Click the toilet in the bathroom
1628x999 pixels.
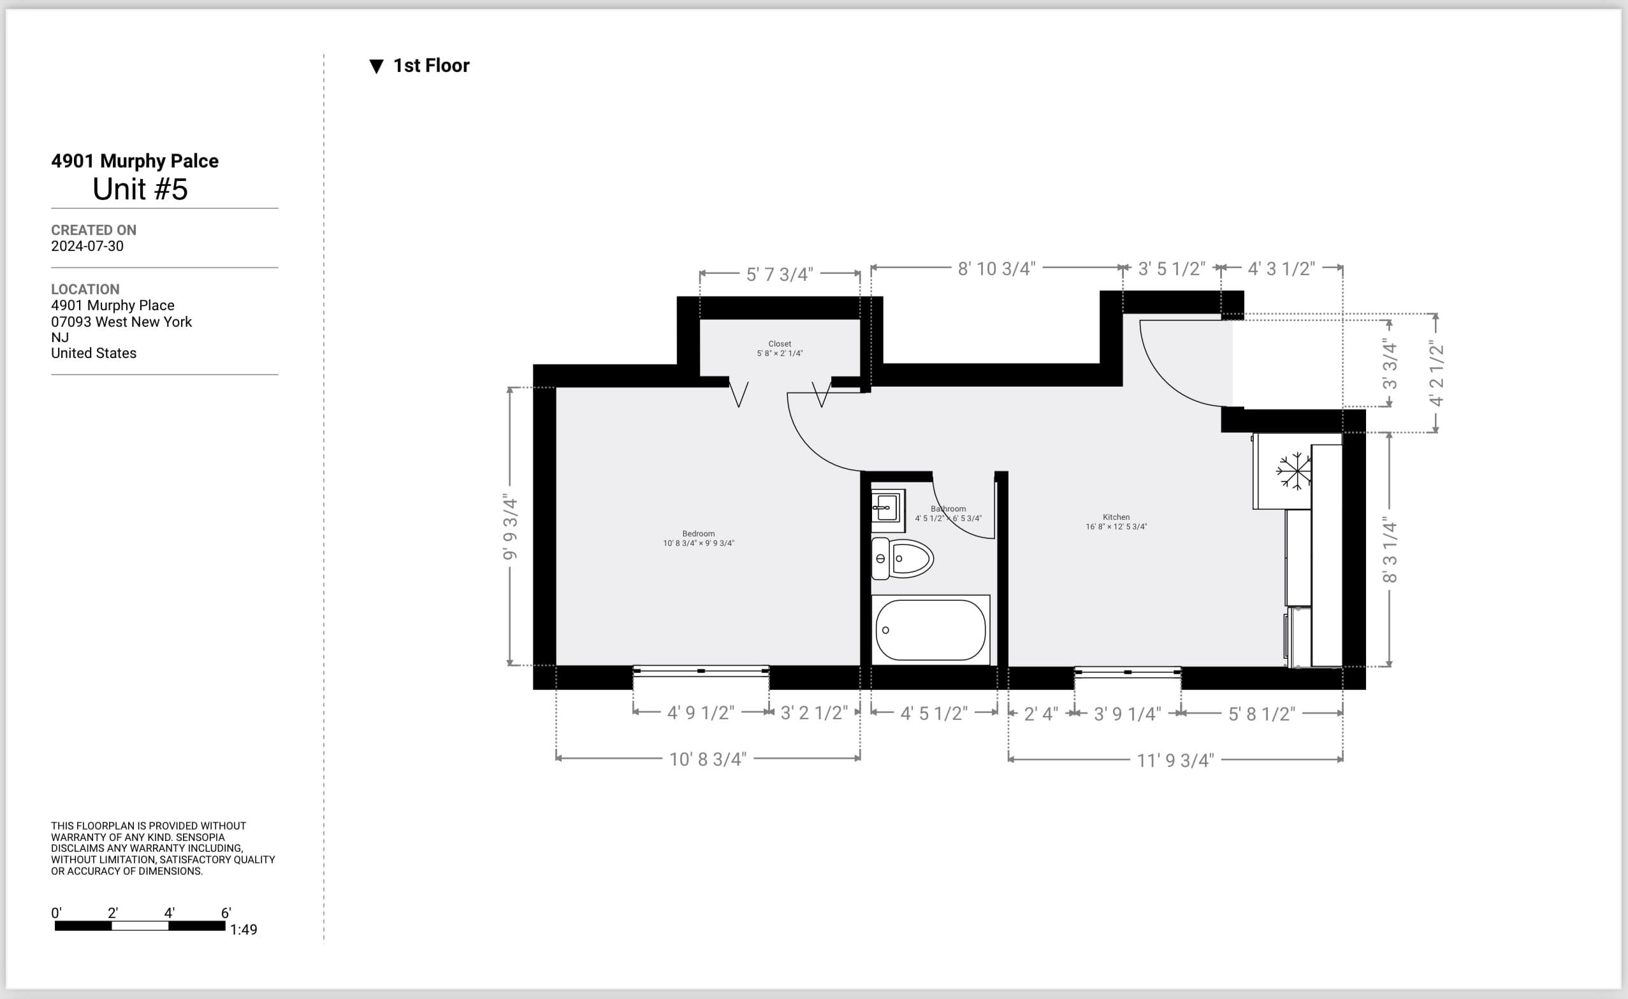pyautogui.click(x=902, y=558)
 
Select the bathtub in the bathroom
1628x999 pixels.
pyautogui.click(x=931, y=629)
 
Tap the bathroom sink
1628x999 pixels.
pyautogui.click(x=888, y=510)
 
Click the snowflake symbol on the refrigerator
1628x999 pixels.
pyautogui.click(x=1293, y=471)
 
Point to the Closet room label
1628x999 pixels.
pyautogui.click(x=780, y=343)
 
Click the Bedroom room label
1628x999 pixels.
pyautogui.click(x=699, y=534)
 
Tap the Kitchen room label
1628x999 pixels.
pyautogui.click(x=1116, y=517)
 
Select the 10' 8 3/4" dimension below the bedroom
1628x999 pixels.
pyautogui.click(x=708, y=759)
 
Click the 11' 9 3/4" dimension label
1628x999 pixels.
pyautogui.click(x=1175, y=761)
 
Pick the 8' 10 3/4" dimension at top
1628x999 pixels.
pyautogui.click(x=997, y=269)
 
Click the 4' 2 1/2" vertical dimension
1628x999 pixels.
pyautogui.click(x=1435, y=373)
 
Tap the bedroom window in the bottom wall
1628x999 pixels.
pyautogui.click(x=701, y=671)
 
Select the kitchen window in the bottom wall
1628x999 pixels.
pyautogui.click(x=1128, y=672)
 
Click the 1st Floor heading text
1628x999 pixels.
pyautogui.click(x=431, y=66)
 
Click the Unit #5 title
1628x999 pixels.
pyautogui.click(x=140, y=190)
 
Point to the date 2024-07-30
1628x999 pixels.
pyautogui.click(x=87, y=246)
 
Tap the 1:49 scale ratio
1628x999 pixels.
pyautogui.click(x=243, y=930)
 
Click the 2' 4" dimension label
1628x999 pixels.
pyautogui.click(x=1041, y=714)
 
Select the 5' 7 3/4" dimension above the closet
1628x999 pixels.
pyautogui.click(x=780, y=274)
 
